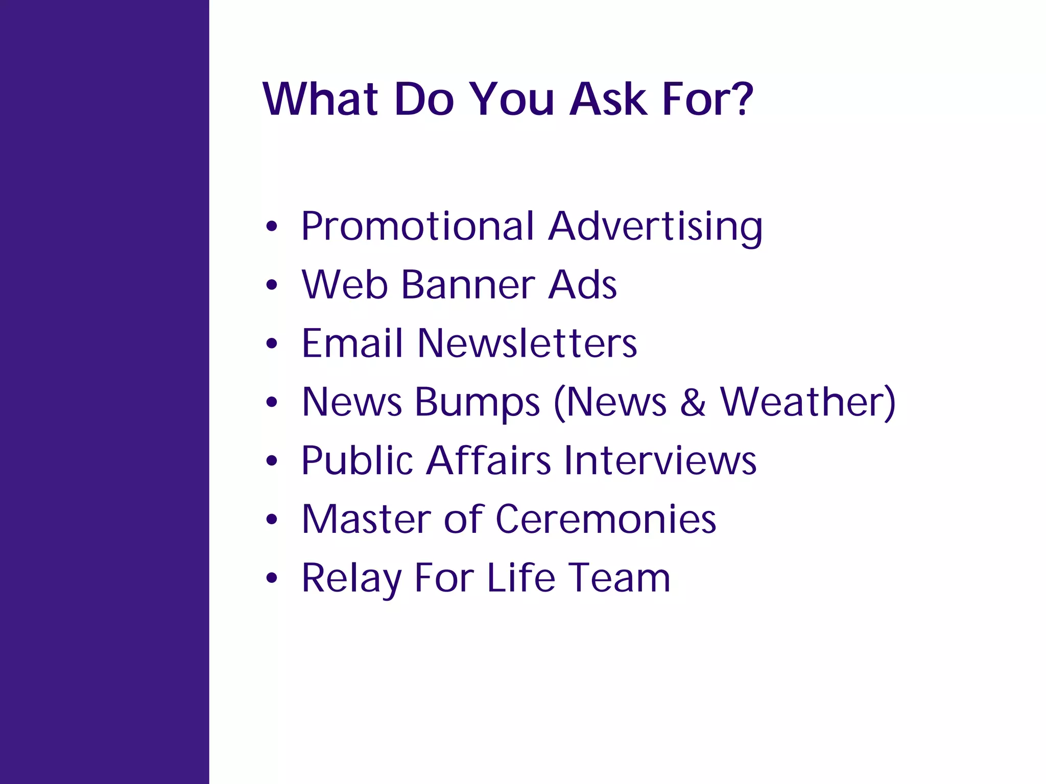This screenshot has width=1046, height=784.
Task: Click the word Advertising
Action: pyautogui.click(x=655, y=226)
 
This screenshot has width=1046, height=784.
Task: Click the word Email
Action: pyautogui.click(x=352, y=343)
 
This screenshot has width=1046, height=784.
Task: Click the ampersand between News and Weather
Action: pyautogui.click(x=693, y=402)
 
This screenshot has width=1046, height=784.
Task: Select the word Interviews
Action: pyautogui.click(x=660, y=460)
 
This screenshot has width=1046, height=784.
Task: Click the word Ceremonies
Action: pyautogui.click(x=606, y=519)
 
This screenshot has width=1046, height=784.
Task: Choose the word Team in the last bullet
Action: pyautogui.click(x=619, y=578)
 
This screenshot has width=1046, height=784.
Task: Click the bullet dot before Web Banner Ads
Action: pyautogui.click(x=272, y=285)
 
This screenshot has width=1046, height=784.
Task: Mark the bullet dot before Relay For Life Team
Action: pyautogui.click(x=272, y=578)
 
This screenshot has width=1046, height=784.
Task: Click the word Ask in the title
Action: pyautogui.click(x=608, y=99)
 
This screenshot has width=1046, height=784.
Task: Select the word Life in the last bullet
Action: pyautogui.click(x=520, y=578)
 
